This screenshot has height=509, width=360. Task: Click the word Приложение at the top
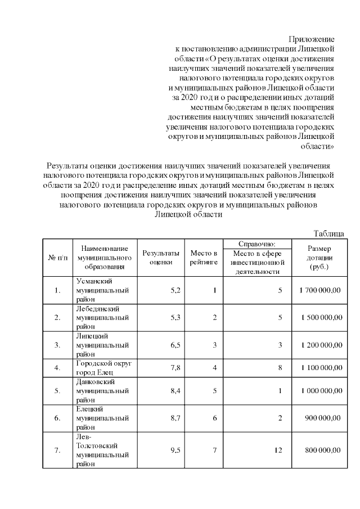click(x=312, y=39)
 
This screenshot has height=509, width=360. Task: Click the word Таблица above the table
click(x=328, y=233)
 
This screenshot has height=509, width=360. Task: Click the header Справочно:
click(x=256, y=244)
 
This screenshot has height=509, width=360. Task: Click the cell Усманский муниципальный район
click(x=102, y=290)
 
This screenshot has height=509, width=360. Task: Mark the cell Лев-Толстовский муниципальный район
click(x=102, y=449)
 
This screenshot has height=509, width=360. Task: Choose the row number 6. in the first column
click(x=57, y=418)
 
